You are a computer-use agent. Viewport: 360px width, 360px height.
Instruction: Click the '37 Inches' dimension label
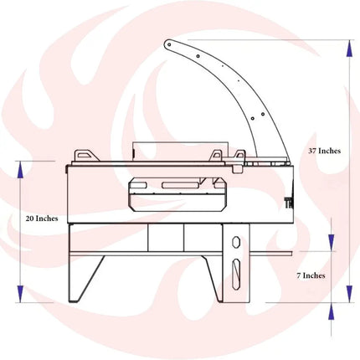324,151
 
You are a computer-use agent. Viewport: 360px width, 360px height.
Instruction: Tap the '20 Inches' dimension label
42,219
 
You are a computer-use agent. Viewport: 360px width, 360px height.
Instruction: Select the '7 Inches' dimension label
311,275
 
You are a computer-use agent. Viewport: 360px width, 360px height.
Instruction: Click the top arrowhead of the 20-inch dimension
20,170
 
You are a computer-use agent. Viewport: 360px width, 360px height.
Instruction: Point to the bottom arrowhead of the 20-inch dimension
20,294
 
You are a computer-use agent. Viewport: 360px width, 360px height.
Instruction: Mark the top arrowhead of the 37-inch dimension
349,49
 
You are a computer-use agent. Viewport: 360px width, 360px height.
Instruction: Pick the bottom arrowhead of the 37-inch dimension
349,294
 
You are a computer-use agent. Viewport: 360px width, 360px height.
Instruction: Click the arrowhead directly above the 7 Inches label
332,243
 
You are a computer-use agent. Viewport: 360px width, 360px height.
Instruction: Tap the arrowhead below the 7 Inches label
332,311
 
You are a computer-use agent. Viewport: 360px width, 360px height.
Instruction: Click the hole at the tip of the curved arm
168,44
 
